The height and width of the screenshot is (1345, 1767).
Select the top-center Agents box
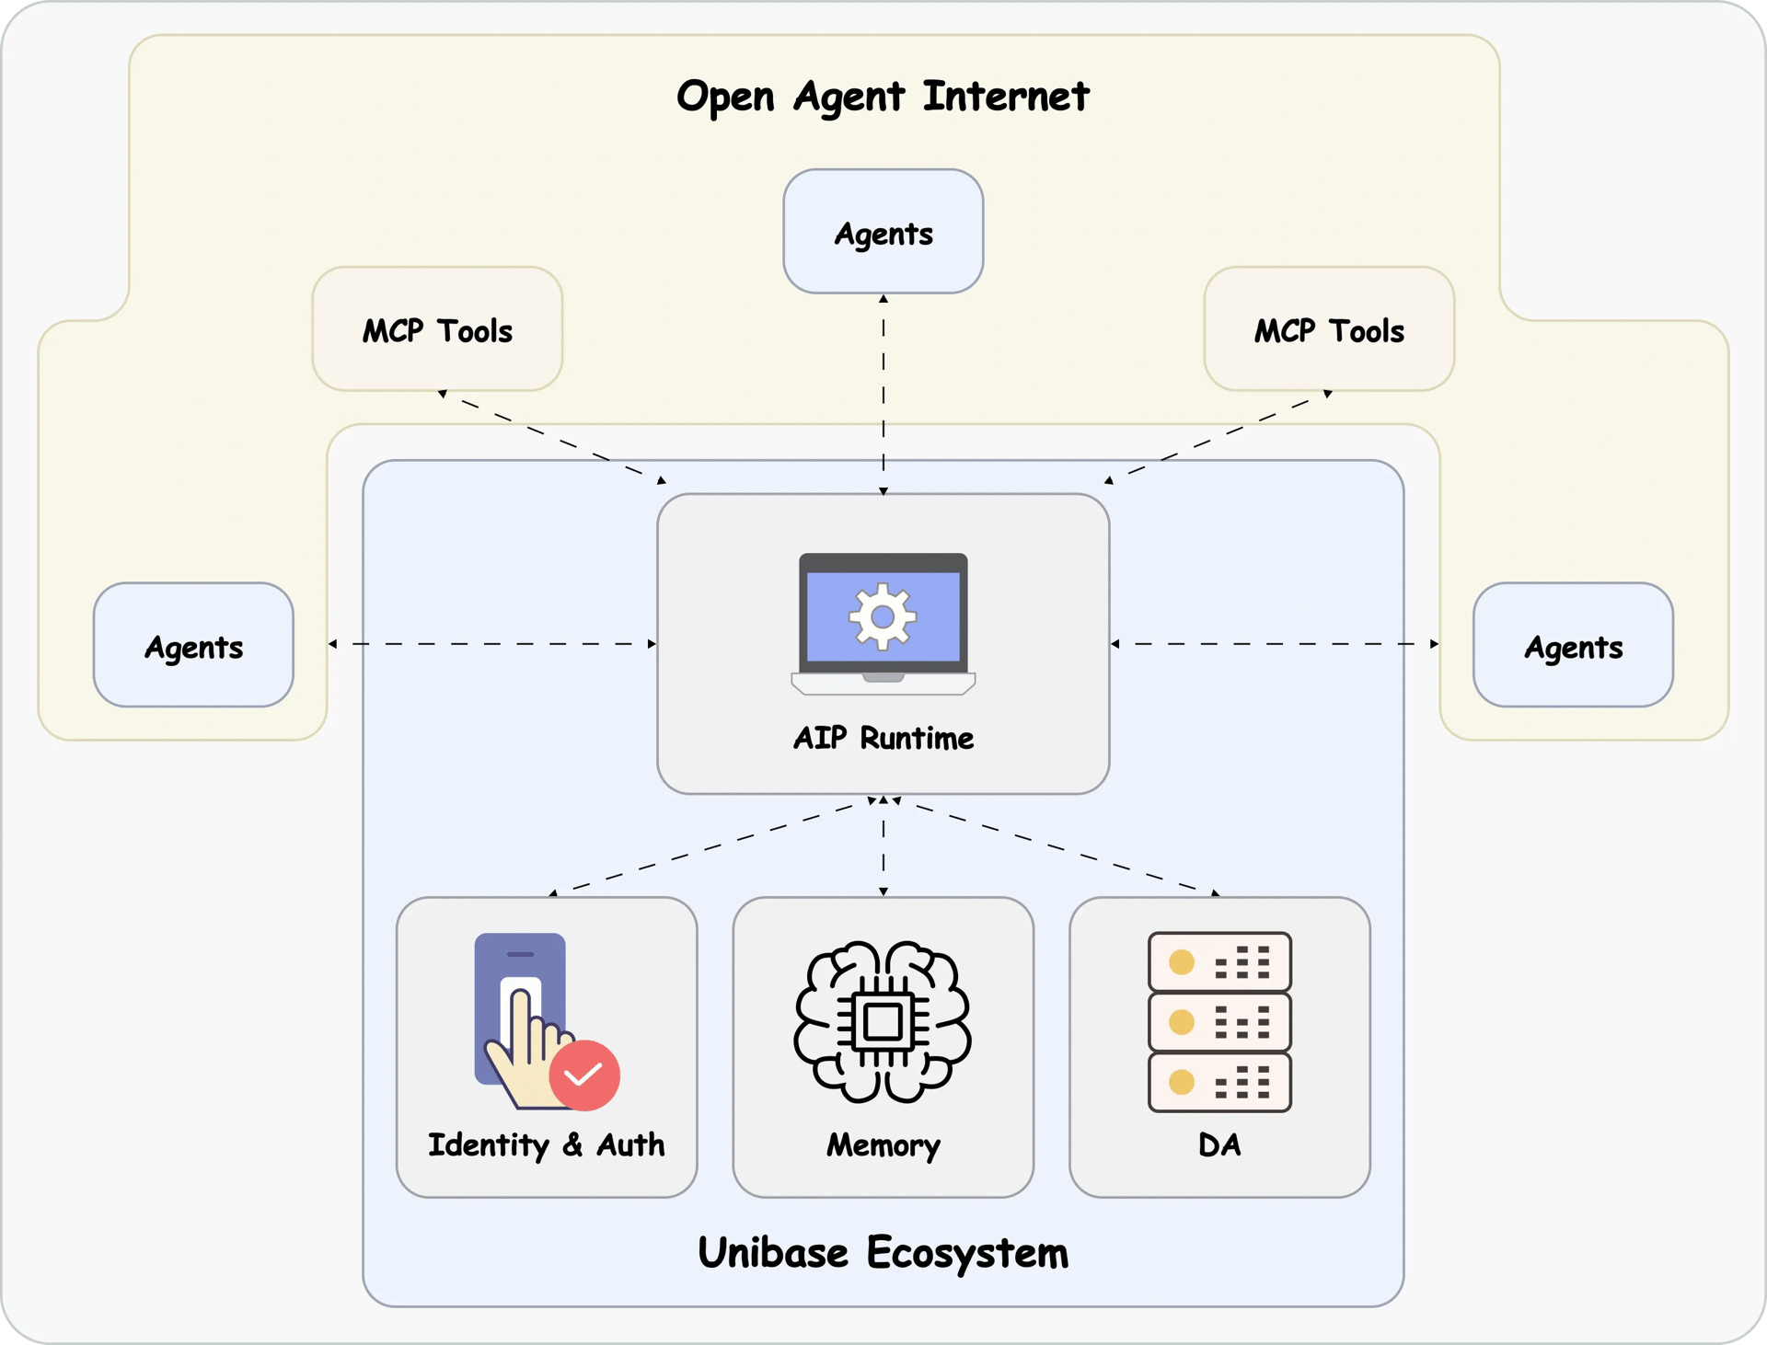(x=883, y=232)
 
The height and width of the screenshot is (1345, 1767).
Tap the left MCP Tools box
(x=437, y=329)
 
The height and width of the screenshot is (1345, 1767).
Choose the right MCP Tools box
(x=1329, y=329)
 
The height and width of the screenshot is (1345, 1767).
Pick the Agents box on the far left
(x=193, y=645)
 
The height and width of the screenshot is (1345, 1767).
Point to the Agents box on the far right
(x=1573, y=645)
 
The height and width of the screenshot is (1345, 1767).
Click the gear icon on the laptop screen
(x=883, y=616)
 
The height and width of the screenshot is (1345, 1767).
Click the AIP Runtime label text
(x=883, y=738)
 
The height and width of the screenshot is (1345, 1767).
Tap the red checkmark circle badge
(x=584, y=1075)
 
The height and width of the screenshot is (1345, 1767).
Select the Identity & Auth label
(x=546, y=1145)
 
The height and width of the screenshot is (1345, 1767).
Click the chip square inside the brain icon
(x=883, y=1021)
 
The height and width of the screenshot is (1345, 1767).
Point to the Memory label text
(x=883, y=1145)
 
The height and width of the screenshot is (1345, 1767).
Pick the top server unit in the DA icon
(x=1219, y=962)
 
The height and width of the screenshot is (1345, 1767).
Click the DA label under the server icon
(x=1219, y=1145)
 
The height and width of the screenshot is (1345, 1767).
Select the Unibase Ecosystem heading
(x=883, y=1253)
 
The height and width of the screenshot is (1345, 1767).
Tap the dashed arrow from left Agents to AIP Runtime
(x=492, y=644)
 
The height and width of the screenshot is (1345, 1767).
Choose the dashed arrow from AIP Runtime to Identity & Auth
(x=709, y=847)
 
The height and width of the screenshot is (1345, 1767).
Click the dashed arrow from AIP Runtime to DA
(x=1058, y=847)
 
